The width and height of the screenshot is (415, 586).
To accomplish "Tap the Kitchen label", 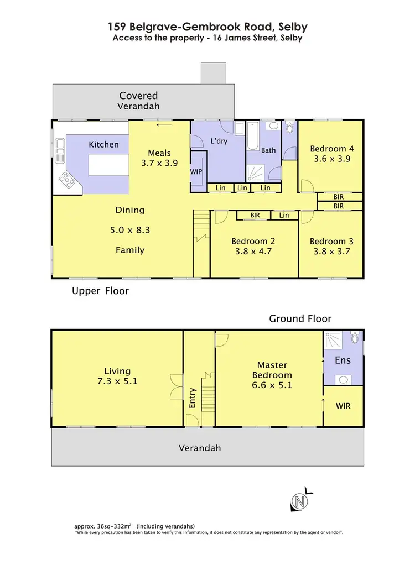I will (x=103, y=144).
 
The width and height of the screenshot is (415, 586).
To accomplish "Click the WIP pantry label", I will (x=196, y=172).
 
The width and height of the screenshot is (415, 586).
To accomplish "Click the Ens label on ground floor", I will (x=343, y=360).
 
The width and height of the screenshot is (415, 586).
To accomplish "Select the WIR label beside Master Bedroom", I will (x=343, y=406).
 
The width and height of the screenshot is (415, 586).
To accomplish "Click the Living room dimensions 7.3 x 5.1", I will (x=117, y=381).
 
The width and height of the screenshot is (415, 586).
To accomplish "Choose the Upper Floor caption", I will (x=100, y=291).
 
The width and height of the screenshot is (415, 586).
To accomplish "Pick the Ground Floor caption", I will (x=300, y=318).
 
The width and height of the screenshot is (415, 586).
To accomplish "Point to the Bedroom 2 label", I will (x=253, y=241).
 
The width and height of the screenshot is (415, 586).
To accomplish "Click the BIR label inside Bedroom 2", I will (x=255, y=215).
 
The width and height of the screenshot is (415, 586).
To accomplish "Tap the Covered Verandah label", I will (x=139, y=101).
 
